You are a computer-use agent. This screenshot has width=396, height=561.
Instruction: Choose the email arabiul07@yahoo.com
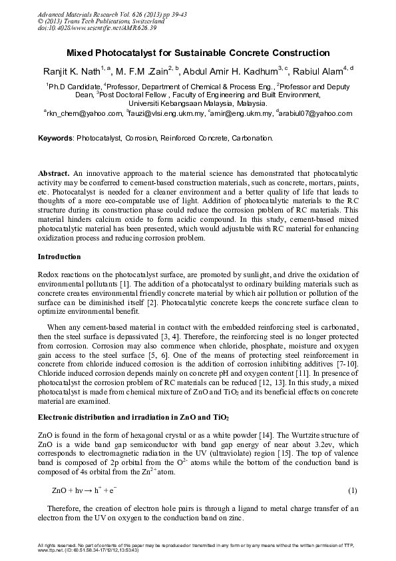316,114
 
